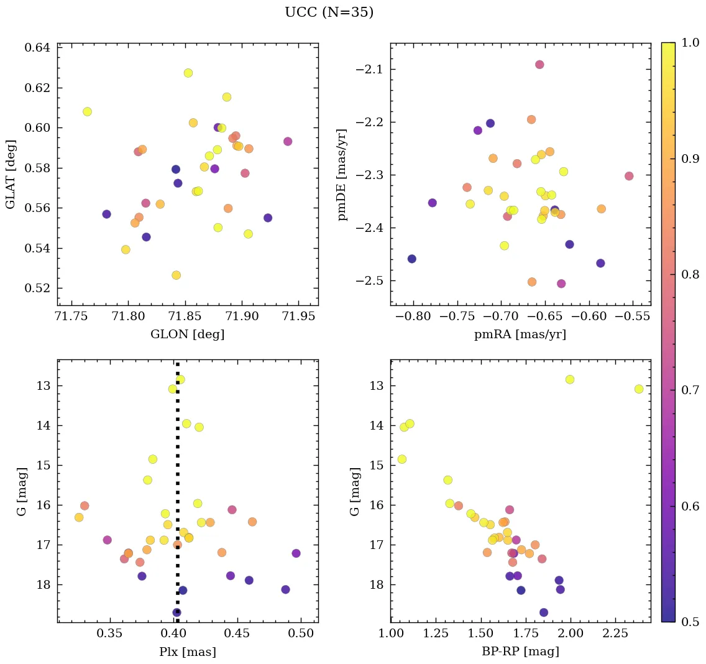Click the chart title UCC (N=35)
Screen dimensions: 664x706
329,12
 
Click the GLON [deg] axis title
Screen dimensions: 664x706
187,334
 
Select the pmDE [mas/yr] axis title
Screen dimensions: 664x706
342,175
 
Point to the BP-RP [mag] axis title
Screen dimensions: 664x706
520,652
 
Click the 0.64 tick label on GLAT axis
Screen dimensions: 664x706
37,48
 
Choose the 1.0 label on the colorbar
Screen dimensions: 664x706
689,43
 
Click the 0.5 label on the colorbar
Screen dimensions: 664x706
689,622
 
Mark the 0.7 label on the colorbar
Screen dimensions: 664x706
689,390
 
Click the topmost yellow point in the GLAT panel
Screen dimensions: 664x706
188,73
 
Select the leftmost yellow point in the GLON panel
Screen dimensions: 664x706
87,112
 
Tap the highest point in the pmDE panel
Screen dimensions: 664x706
539,65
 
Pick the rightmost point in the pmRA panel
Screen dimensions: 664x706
629,176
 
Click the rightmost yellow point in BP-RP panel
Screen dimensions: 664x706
639,389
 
